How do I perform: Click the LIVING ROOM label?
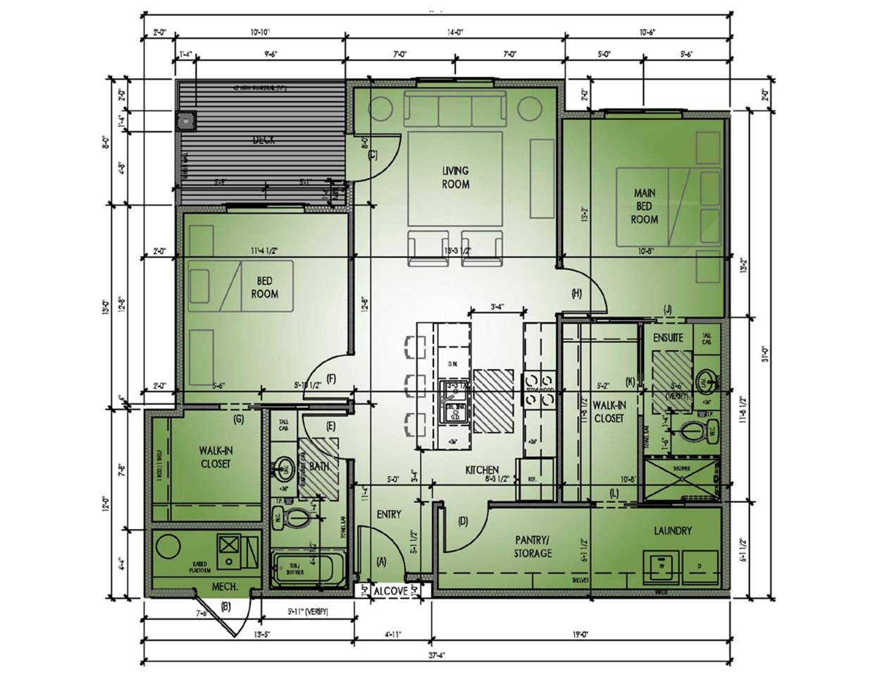[x=455, y=177]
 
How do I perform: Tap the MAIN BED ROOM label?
[x=644, y=205]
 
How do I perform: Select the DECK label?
[x=263, y=140]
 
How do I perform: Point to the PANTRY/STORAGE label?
[x=533, y=547]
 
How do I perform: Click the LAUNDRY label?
[x=672, y=530]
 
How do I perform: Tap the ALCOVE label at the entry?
[x=390, y=591]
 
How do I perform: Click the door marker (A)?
[x=382, y=562]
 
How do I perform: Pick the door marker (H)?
[x=576, y=293]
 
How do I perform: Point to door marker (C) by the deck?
[x=373, y=155]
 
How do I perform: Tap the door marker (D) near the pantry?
[x=463, y=522]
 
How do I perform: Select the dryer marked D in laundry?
[x=700, y=566]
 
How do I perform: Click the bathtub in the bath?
[x=307, y=568]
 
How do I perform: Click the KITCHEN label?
[x=482, y=470]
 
